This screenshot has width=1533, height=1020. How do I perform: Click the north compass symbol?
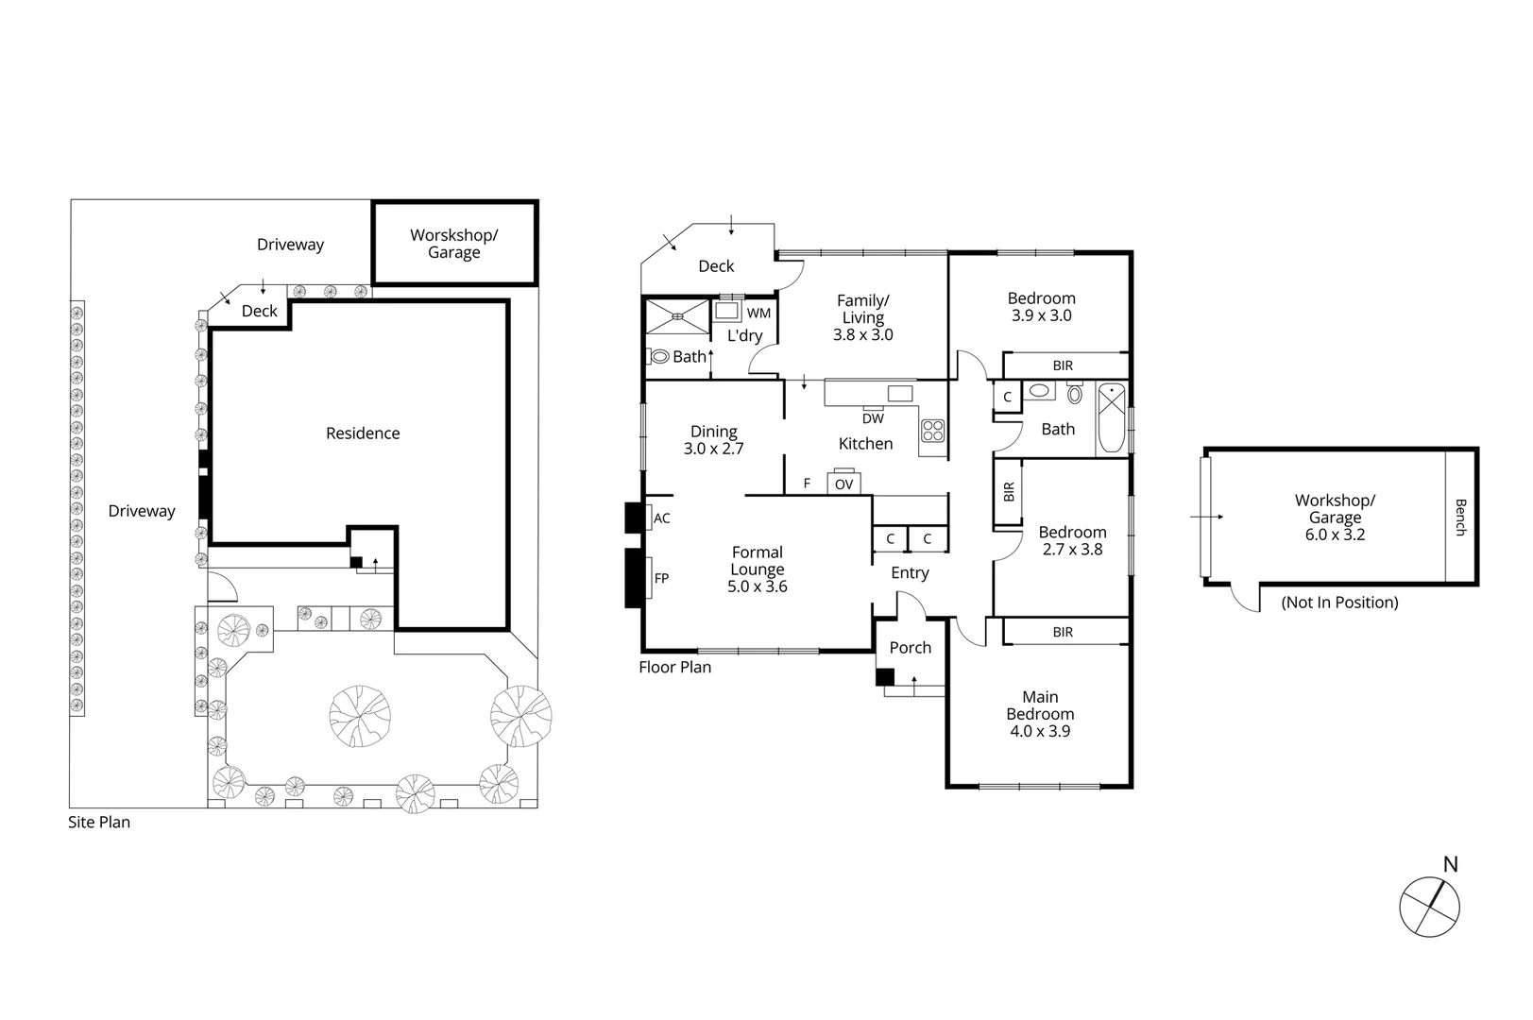coord(1429,907)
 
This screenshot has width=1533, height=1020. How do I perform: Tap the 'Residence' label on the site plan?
coord(363,433)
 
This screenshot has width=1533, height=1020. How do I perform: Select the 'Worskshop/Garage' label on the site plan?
coord(453,244)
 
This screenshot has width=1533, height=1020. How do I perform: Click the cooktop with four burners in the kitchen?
coord(933,431)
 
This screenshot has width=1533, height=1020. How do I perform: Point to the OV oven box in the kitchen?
coord(843,484)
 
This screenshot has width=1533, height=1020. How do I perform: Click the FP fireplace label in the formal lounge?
coord(661,578)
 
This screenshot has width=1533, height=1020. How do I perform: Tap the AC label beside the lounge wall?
coord(662,518)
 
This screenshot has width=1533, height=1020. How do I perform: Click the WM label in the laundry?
coord(758,314)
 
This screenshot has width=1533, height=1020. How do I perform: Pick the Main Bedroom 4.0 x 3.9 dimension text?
coord(1040,731)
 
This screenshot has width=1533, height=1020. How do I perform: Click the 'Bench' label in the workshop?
coord(1460,518)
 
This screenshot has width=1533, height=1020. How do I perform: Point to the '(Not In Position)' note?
coord(1339,603)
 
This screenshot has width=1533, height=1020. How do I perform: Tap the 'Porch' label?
coord(910,648)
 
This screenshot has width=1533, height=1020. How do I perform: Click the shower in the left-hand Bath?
coord(677,316)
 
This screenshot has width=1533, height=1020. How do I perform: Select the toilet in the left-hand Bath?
coord(658,357)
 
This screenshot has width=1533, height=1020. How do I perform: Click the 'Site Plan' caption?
coord(99,823)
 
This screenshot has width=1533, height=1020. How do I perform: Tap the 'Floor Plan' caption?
coord(674,668)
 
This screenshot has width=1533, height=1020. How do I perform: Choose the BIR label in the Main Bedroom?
coord(1063,633)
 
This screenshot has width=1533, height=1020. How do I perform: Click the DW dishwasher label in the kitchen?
coord(873,418)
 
